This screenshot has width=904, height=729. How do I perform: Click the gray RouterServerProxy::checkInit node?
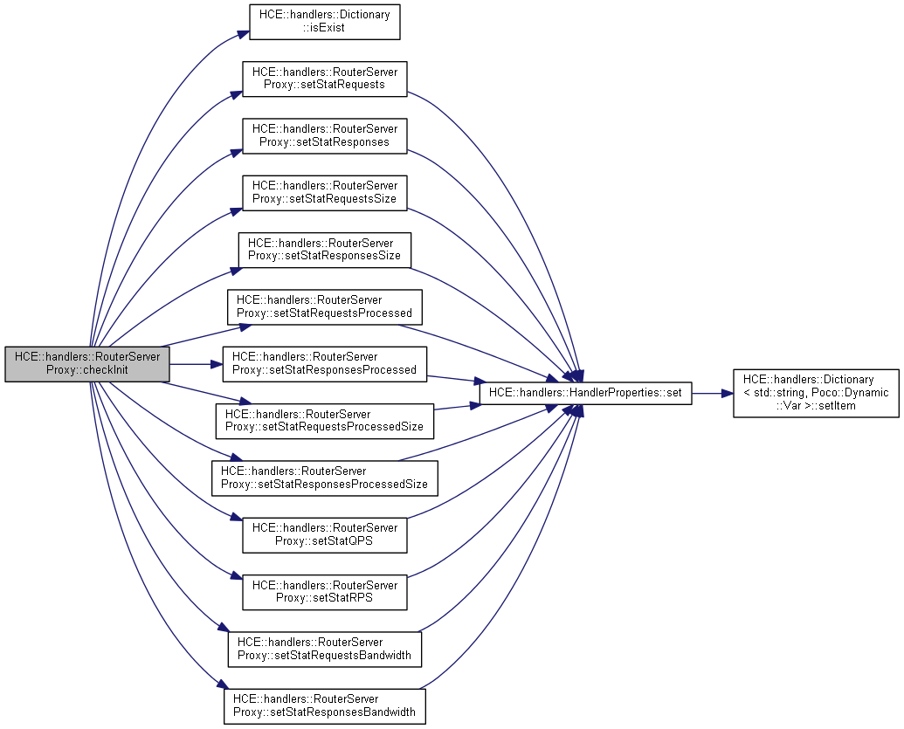click(x=86, y=363)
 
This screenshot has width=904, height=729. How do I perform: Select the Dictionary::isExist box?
click(x=324, y=22)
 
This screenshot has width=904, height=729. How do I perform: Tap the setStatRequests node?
click(x=324, y=79)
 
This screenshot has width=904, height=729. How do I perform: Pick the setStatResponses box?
click(x=324, y=135)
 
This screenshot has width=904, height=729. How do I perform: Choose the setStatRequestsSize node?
click(x=324, y=192)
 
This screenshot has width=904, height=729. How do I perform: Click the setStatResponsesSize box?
click(x=324, y=250)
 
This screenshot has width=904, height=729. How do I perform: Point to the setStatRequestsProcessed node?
click(x=324, y=306)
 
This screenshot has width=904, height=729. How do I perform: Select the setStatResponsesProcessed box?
click(x=324, y=363)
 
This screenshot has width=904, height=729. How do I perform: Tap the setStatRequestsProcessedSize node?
click(x=324, y=420)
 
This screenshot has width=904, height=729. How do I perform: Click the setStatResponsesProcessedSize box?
click(x=324, y=478)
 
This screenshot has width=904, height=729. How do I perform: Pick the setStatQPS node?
click(x=324, y=534)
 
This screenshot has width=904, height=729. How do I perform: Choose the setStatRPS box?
click(x=324, y=591)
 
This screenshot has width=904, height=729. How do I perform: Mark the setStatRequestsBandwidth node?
click(x=324, y=649)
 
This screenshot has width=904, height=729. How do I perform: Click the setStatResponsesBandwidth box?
click(x=324, y=705)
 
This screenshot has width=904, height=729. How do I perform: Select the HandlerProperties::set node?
click(x=585, y=394)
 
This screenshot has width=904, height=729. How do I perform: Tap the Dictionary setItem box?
click(x=816, y=394)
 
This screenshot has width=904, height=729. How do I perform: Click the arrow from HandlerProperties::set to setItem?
click(x=712, y=394)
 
